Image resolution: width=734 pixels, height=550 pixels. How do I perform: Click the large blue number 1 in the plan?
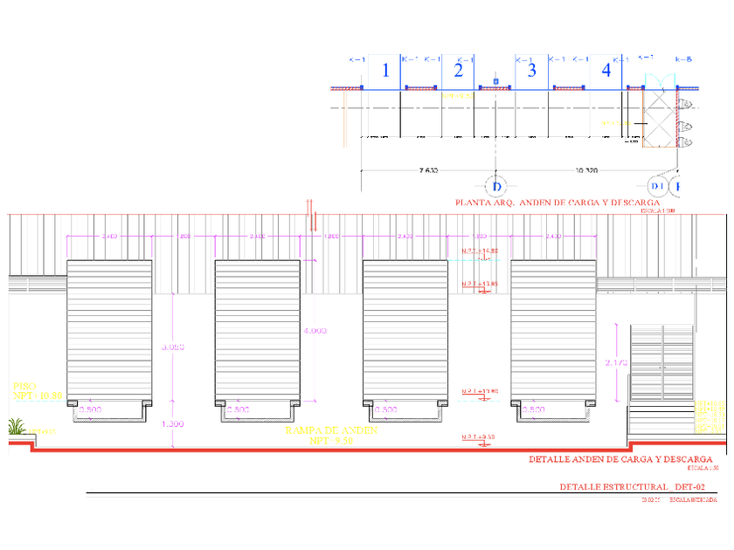click(x=386, y=72)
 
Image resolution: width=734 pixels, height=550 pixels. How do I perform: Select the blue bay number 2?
click(x=458, y=72)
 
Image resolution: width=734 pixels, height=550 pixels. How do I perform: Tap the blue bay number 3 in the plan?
click(x=531, y=72)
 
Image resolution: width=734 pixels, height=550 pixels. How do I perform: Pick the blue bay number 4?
click(x=606, y=72)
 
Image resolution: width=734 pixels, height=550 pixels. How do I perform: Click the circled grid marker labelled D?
click(x=496, y=186)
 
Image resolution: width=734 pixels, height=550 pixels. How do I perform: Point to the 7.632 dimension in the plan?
click(x=428, y=171)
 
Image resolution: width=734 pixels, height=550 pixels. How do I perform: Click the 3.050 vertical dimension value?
click(x=174, y=347)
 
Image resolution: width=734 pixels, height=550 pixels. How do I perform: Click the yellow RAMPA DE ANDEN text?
click(x=330, y=431)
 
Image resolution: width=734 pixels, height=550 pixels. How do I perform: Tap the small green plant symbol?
click(x=16, y=427)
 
